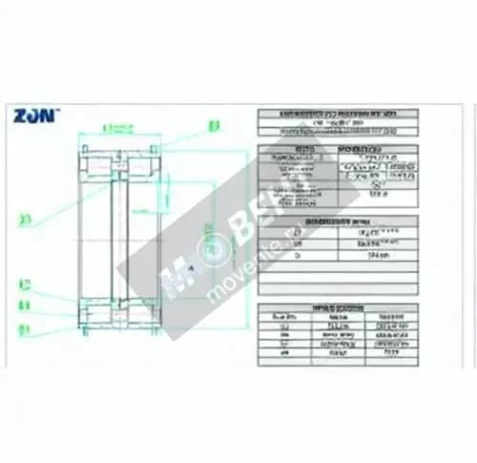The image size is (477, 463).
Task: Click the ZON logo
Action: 35,116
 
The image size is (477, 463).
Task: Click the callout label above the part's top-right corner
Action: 213,124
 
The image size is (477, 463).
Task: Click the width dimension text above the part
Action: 115,126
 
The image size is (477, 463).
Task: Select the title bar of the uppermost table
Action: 338,114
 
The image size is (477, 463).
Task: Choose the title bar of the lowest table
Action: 338,307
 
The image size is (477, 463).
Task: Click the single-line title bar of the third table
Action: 338,221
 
